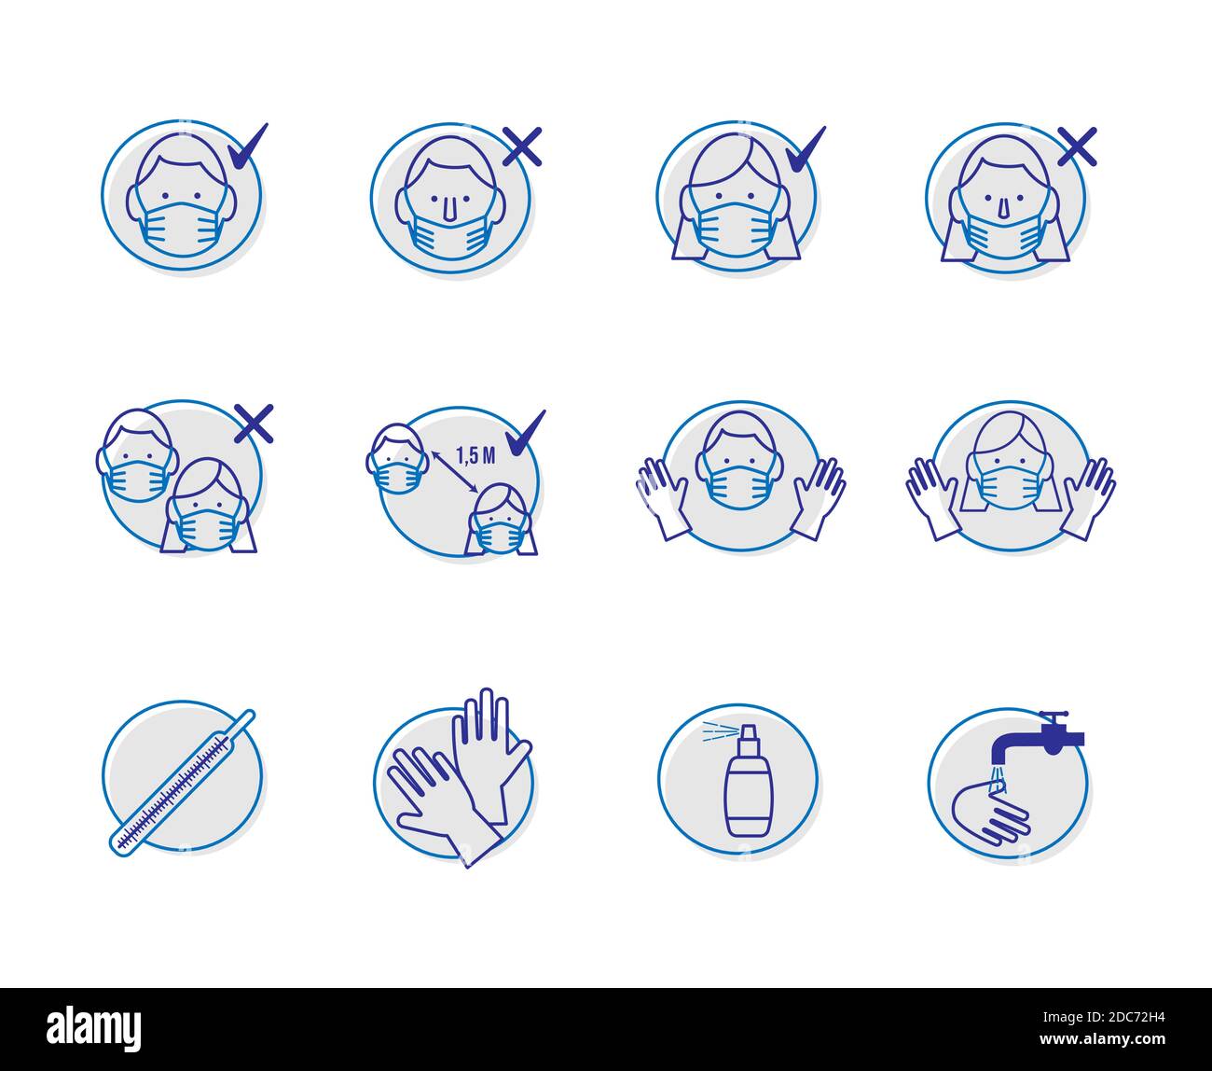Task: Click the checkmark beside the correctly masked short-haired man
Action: tap(246, 148)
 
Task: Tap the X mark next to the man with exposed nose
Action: tap(522, 147)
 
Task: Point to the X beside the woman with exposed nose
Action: tap(1077, 147)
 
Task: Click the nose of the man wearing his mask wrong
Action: tap(450, 209)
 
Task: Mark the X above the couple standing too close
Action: tap(254, 424)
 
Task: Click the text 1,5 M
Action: tap(475, 454)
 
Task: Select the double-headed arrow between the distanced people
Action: tap(454, 472)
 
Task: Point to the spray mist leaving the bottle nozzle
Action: tap(717, 731)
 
